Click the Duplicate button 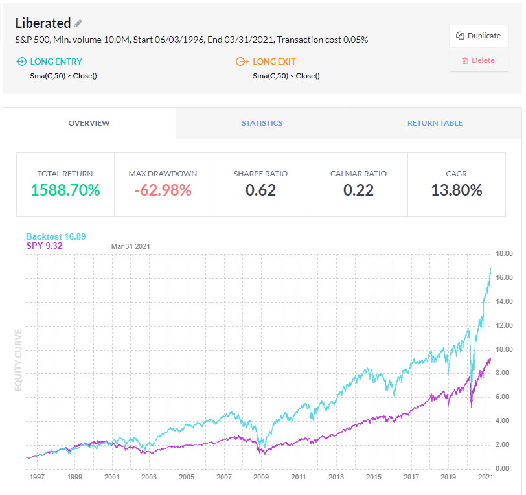tap(478, 36)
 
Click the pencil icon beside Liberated tap(78, 23)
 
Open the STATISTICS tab tap(262, 123)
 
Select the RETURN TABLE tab tap(435, 123)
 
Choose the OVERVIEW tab tap(89, 123)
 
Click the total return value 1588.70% tap(65, 190)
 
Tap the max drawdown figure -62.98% tap(163, 190)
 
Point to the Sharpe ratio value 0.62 tap(260, 190)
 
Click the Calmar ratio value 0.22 tap(358, 190)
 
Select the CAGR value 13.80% tap(456, 190)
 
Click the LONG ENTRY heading tap(56, 62)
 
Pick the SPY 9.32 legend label tap(44, 246)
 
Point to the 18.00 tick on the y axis tap(503, 253)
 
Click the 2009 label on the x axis tap(260, 478)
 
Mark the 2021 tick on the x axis tap(485, 478)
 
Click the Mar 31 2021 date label tap(131, 246)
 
